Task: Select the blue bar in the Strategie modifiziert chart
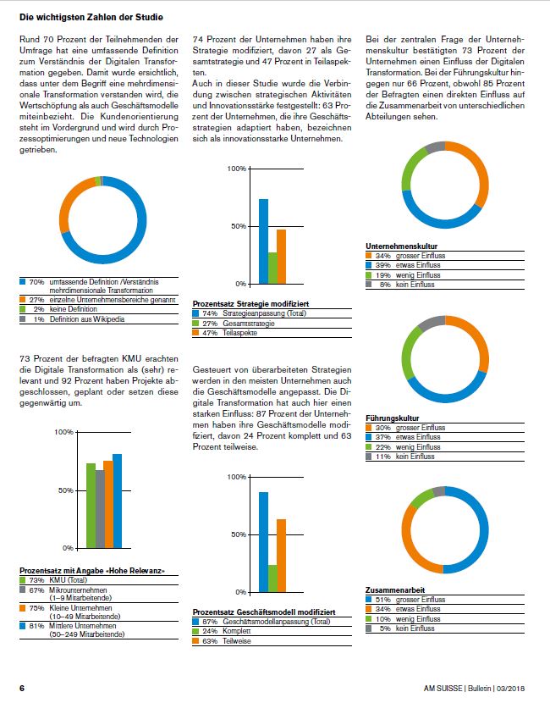pos(263,241)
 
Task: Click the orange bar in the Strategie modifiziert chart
pos(282,257)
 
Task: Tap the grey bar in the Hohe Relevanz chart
pos(100,509)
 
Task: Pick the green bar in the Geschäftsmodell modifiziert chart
pos(272,578)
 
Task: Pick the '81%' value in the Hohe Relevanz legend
pos(36,626)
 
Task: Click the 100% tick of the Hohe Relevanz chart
pos(63,433)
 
